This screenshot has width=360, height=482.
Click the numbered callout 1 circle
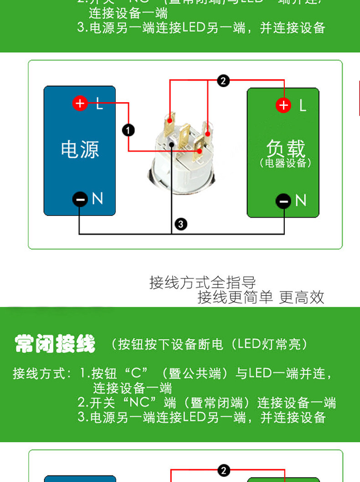point(129,130)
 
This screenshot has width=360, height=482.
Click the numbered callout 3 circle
point(181,224)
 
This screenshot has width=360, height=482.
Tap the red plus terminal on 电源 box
point(80,104)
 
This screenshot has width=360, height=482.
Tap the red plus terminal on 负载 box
point(283,105)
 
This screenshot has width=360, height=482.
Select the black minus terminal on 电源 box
point(80,199)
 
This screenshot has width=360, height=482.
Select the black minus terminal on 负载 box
point(283,201)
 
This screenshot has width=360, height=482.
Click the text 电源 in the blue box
point(80,149)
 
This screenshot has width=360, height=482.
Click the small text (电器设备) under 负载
point(285,163)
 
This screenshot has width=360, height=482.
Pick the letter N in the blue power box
point(97,198)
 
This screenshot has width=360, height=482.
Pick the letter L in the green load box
point(303,106)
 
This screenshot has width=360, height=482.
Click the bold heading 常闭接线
point(55,343)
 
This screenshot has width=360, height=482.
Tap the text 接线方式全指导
point(202,282)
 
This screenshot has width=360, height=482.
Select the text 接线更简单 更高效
point(261,297)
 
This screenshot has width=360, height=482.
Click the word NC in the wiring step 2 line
point(139,403)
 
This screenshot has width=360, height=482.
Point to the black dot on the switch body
point(171,145)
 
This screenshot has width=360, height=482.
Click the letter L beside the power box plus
point(99,104)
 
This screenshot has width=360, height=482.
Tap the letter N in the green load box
point(301,200)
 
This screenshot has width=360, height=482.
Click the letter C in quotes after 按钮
point(137,374)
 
